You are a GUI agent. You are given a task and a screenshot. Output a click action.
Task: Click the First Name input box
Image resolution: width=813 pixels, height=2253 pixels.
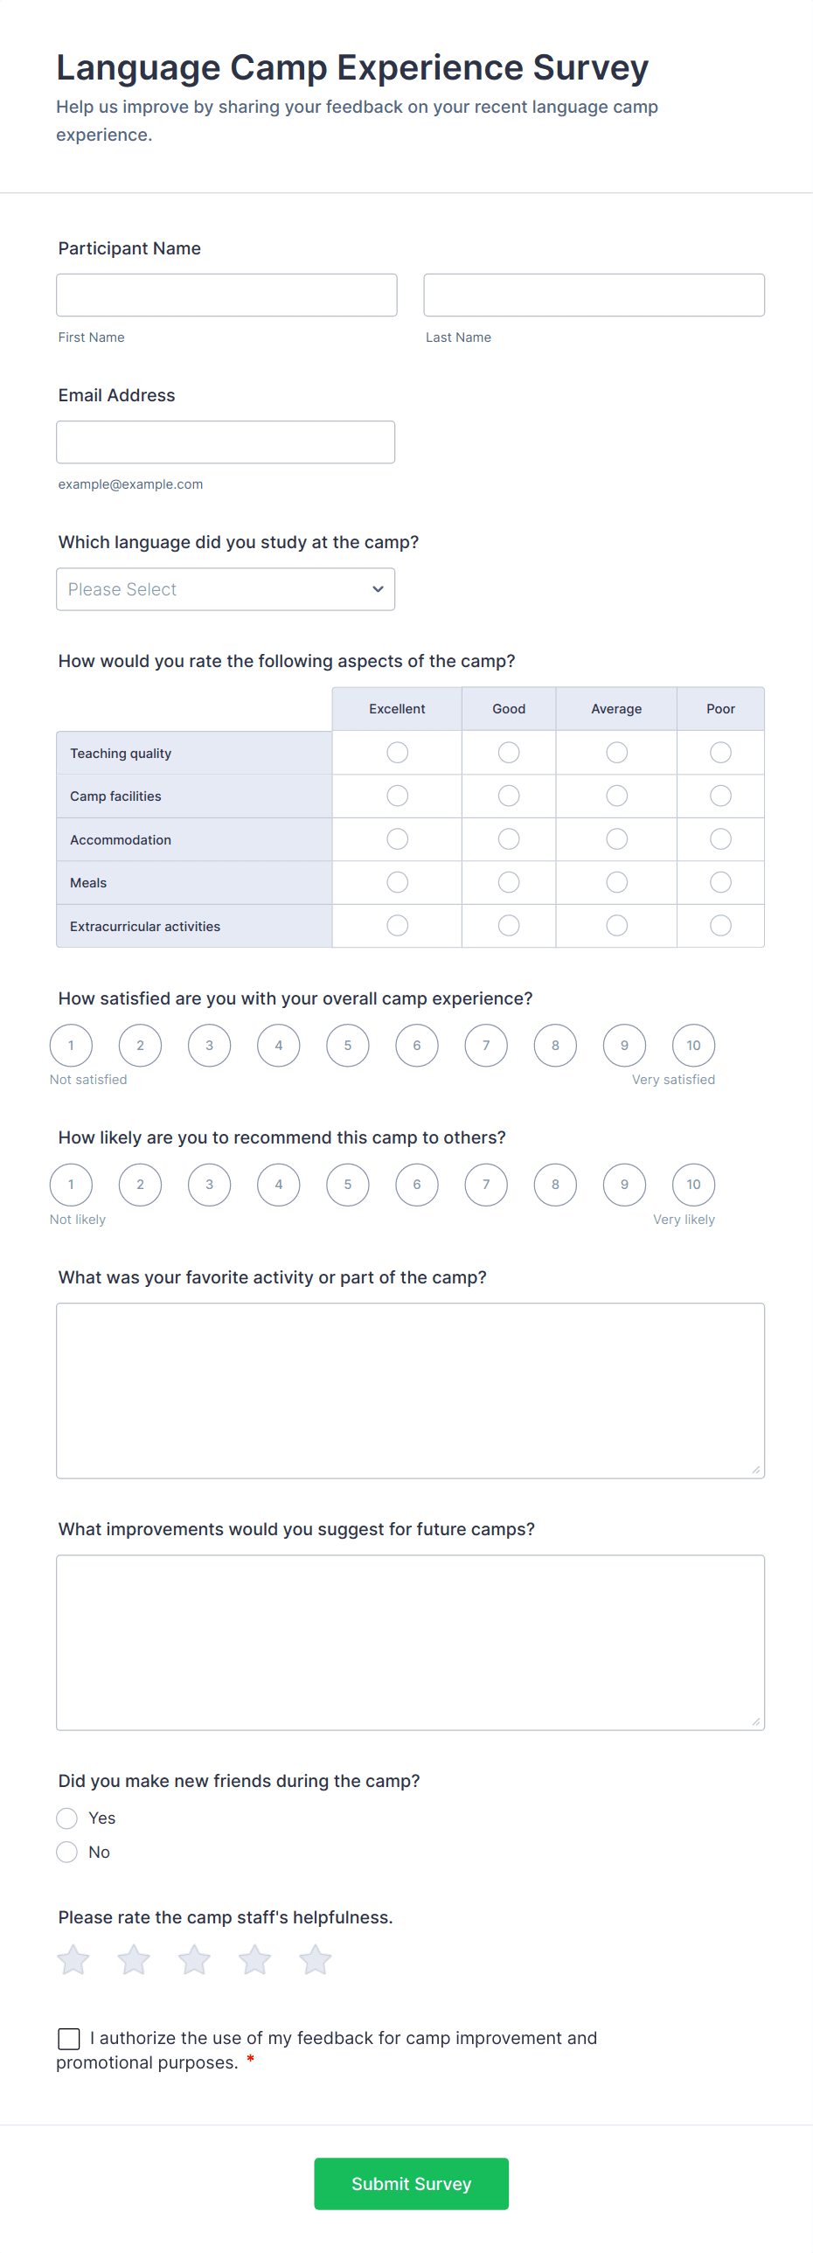(x=226, y=295)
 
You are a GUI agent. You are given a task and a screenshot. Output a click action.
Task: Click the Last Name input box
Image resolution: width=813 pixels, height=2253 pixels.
(x=594, y=295)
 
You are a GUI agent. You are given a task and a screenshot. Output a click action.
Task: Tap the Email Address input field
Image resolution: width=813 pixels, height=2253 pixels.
(x=226, y=442)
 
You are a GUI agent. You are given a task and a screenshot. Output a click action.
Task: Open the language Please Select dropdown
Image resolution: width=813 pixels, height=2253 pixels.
(x=226, y=588)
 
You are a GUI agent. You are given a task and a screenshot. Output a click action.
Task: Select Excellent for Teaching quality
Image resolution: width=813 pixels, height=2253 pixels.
(x=397, y=752)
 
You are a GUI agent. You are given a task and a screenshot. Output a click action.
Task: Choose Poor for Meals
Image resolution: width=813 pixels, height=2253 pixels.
(x=720, y=881)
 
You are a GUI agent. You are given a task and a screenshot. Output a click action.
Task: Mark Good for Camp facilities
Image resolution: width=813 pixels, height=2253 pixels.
(x=509, y=795)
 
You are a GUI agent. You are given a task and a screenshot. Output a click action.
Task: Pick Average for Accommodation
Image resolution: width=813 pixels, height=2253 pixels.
(x=616, y=838)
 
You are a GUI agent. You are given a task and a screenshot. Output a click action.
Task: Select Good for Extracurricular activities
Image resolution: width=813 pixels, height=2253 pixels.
(x=509, y=925)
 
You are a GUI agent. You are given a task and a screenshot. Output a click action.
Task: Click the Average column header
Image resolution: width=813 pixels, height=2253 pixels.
(x=616, y=708)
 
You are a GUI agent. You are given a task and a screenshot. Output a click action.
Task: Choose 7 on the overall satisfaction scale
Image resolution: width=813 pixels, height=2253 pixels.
(x=486, y=1045)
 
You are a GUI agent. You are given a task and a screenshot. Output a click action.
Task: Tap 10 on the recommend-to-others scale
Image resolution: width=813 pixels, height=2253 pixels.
(x=693, y=1185)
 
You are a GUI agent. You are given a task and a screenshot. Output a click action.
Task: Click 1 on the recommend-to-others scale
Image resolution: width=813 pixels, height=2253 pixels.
(x=71, y=1185)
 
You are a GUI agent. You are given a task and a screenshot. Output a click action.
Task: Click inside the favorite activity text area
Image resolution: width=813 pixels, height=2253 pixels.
(x=410, y=1390)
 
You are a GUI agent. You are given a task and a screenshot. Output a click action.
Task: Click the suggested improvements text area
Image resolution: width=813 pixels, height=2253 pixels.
(x=410, y=1642)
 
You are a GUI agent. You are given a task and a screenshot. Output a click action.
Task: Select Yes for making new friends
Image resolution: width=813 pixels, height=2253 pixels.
(x=67, y=1818)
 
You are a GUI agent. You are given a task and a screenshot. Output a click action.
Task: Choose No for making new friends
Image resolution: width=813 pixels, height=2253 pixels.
(x=67, y=1852)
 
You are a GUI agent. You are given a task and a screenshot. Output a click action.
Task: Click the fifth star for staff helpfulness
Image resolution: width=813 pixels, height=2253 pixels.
(x=315, y=1960)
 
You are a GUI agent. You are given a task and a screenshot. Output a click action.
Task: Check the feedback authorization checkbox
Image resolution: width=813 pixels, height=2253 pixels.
(x=69, y=2039)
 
